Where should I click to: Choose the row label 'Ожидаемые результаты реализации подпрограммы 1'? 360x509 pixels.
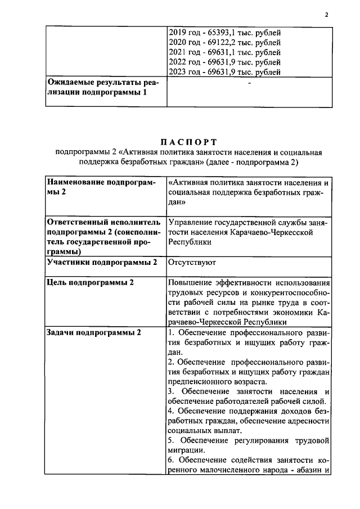point(103,87)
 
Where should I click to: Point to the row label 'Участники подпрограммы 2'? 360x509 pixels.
point(102,263)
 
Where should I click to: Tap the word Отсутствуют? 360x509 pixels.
point(192,263)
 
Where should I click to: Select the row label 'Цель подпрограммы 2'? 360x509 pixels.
point(90,282)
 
